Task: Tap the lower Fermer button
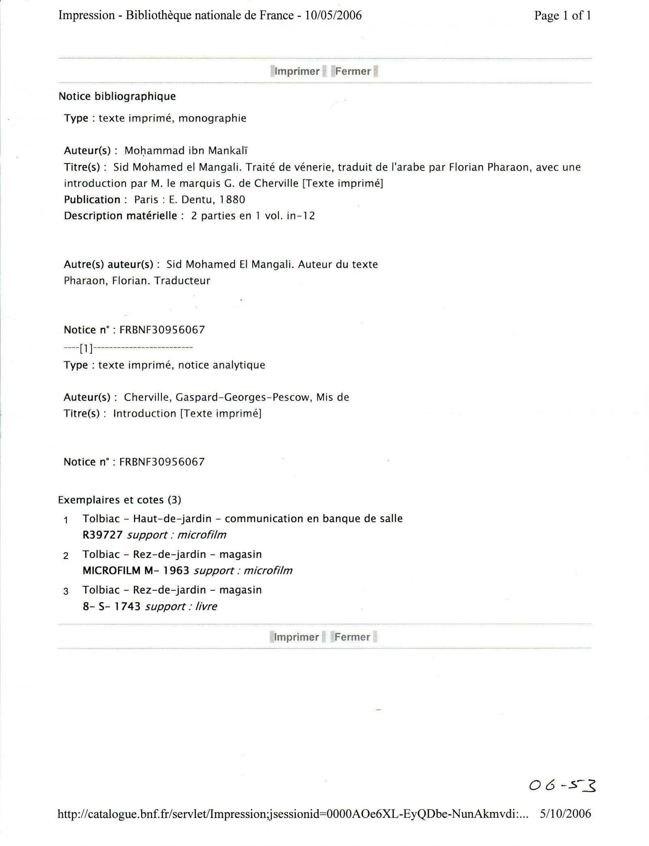[x=352, y=637]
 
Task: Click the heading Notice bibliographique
[x=117, y=97]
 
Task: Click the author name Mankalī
[x=228, y=151]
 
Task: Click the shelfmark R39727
[x=103, y=535]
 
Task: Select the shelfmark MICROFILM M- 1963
[x=136, y=571]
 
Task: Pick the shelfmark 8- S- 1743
[x=112, y=606]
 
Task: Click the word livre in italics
[x=206, y=606]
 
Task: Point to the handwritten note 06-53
[x=562, y=787]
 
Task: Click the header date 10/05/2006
[x=333, y=15]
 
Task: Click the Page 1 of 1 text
[x=563, y=15]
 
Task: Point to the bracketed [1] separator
[x=86, y=348]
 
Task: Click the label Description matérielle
[x=120, y=216]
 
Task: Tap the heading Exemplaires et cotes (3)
[x=119, y=500]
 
